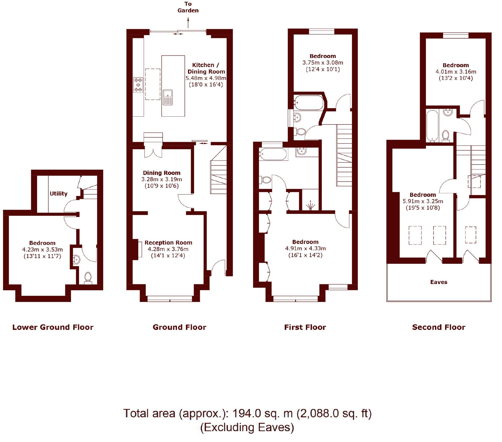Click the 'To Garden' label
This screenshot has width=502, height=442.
pyautogui.click(x=188, y=7)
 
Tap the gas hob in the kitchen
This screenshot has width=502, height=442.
pyautogui.click(x=138, y=85)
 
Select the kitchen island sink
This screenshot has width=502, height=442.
pyautogui.click(x=167, y=97)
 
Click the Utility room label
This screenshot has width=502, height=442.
pyautogui.click(x=58, y=194)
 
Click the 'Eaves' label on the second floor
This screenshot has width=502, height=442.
pyautogui.click(x=439, y=282)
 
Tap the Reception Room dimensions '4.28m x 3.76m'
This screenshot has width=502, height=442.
pyautogui.click(x=168, y=249)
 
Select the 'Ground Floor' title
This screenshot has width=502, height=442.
pyautogui.click(x=179, y=327)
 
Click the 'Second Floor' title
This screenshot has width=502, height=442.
pyautogui.click(x=439, y=327)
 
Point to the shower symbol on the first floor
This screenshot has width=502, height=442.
pyautogui.click(x=311, y=206)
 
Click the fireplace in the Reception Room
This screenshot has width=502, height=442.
pyautogui.click(x=139, y=249)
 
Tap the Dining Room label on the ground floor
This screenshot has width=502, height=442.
pyautogui.click(x=161, y=173)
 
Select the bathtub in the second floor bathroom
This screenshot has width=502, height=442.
pyautogui.click(x=432, y=125)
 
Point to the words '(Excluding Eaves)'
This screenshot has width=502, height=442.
pyautogui.click(x=247, y=427)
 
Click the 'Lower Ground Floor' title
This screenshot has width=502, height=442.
pyautogui.click(x=53, y=327)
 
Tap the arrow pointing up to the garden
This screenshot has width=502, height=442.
pyautogui.click(x=188, y=23)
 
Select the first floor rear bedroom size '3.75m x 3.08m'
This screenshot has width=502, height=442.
pyautogui.click(x=322, y=62)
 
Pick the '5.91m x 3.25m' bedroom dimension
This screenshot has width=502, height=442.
pyautogui.click(x=423, y=201)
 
